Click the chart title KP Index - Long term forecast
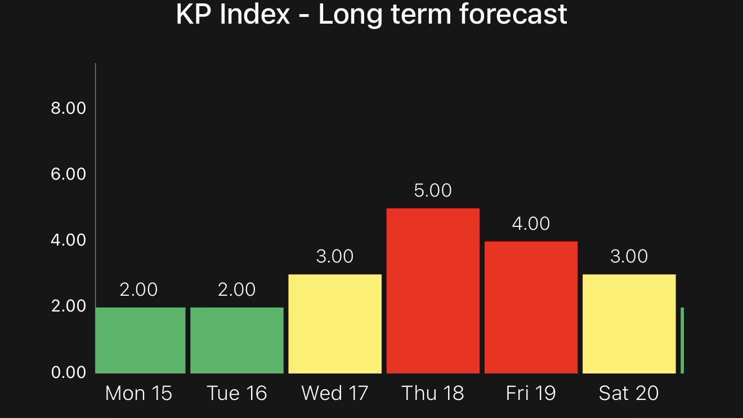371,14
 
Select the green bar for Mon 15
140,340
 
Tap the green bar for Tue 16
236,340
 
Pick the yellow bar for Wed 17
335,324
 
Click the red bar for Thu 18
433,291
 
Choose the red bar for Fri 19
531,307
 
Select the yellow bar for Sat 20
629,324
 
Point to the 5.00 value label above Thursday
433,190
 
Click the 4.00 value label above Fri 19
531,224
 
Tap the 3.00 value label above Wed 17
335,256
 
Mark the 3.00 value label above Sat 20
629,256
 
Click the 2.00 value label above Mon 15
139,290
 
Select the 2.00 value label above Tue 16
236,290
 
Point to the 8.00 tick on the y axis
68,108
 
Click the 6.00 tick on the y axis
68,174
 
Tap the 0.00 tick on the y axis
68,372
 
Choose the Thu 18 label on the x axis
433,393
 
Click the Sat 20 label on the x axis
629,393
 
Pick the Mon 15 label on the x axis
139,393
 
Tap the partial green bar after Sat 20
682,340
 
